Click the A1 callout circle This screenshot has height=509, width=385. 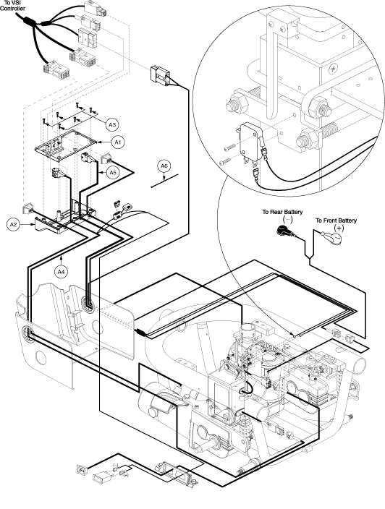[118, 142]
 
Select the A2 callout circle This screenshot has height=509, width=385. [13, 225]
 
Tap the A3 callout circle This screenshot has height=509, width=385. [111, 124]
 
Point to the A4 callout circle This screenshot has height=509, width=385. [62, 272]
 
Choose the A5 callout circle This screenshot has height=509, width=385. [112, 172]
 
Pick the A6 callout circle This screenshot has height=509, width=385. [164, 166]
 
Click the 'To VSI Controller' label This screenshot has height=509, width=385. [12, 6]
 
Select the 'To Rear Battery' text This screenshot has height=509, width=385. [282, 212]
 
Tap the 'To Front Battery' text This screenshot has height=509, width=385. [336, 221]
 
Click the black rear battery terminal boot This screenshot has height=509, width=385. [284, 231]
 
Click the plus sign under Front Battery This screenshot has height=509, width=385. [339, 228]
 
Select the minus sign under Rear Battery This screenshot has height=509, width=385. [288, 220]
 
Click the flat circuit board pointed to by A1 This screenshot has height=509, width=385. [66, 145]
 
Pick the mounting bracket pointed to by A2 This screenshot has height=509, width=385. [52, 226]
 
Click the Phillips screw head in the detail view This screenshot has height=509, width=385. [334, 69]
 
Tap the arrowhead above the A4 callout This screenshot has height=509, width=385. [62, 257]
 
